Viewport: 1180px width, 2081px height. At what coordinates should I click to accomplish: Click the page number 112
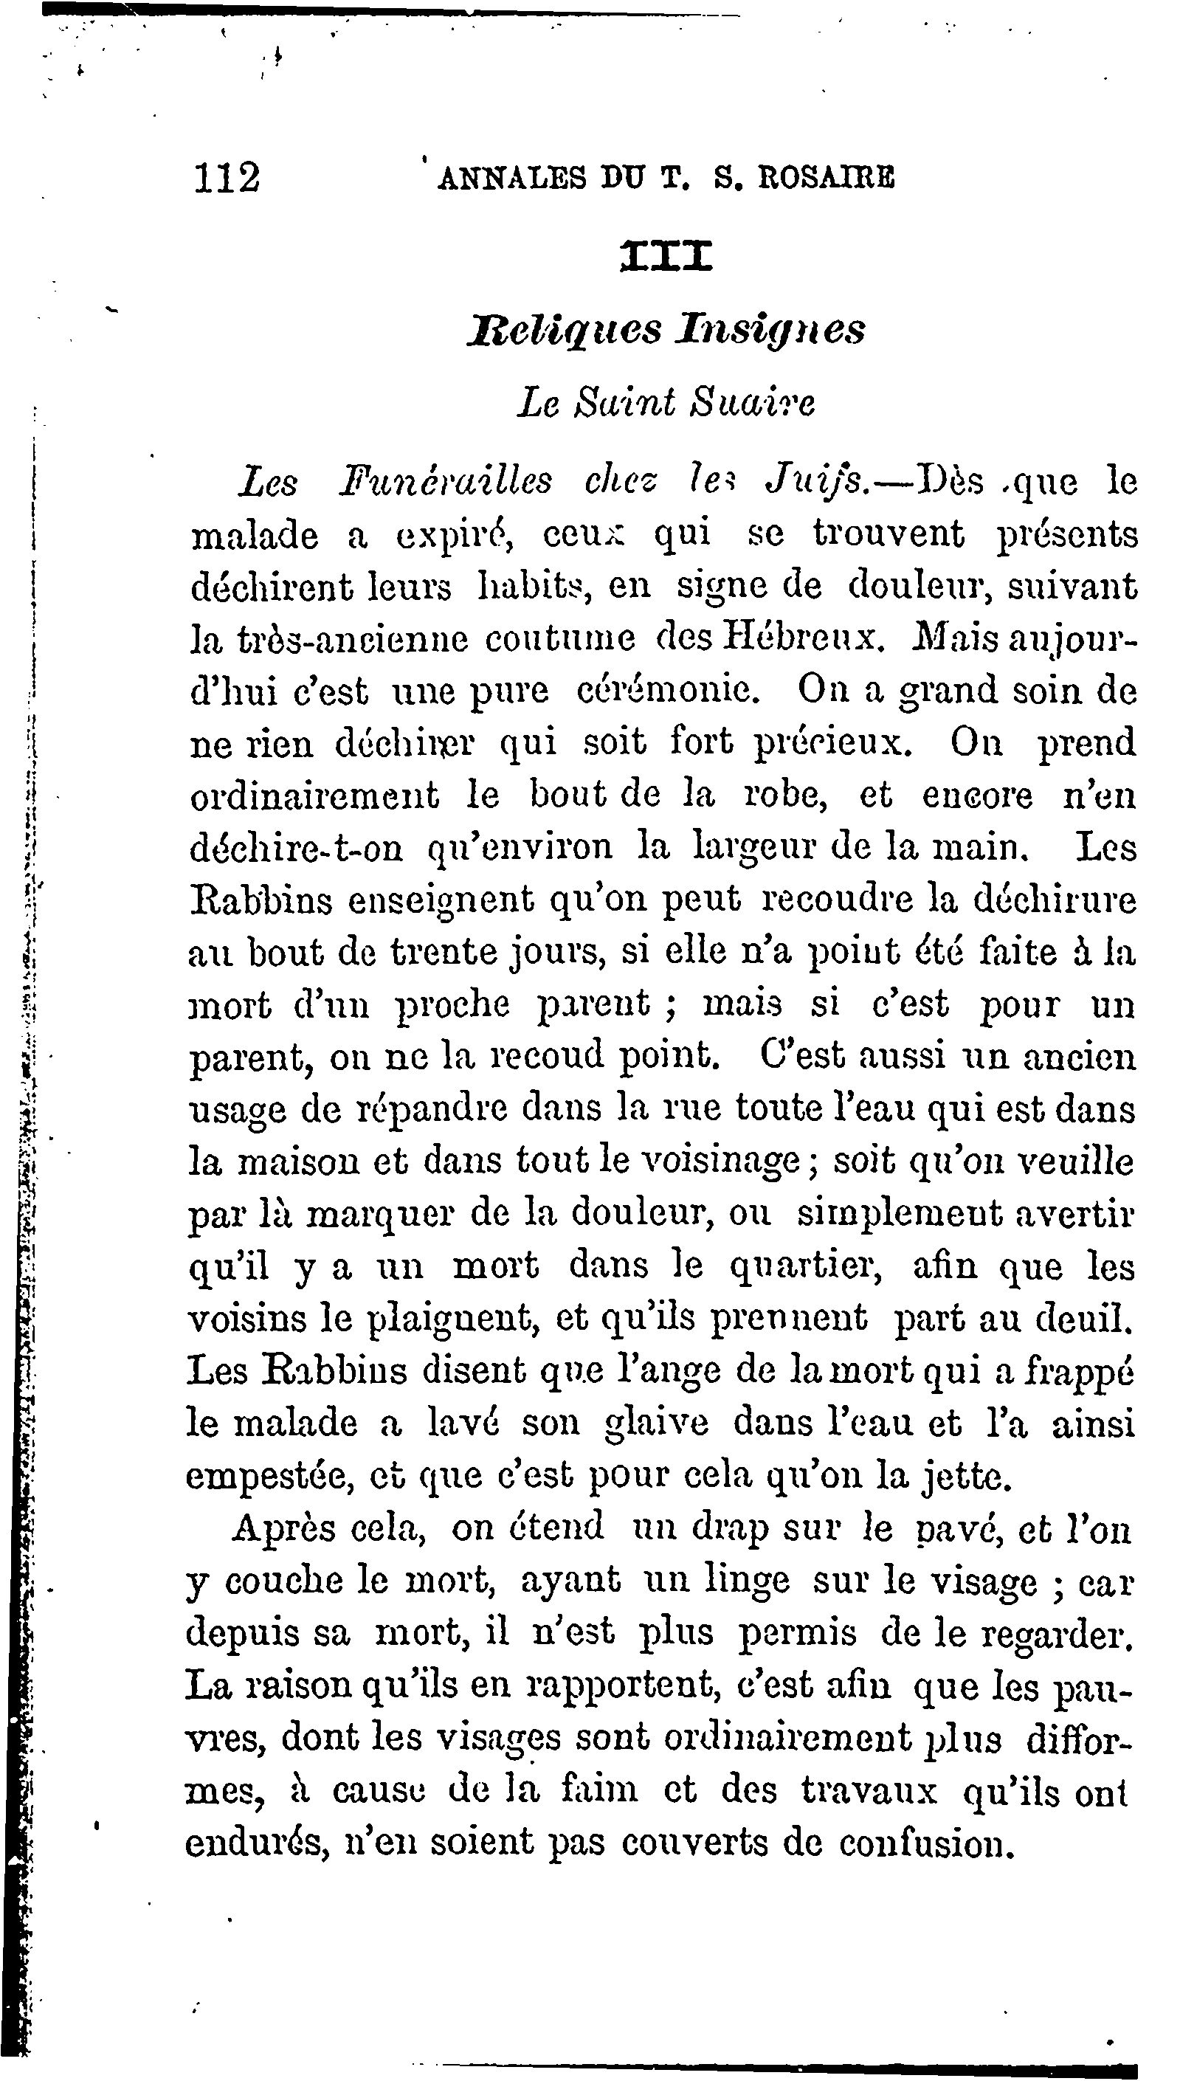click(227, 177)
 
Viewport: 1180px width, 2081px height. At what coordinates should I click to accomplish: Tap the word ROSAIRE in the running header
click(826, 177)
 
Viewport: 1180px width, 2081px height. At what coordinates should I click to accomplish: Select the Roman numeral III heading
click(666, 255)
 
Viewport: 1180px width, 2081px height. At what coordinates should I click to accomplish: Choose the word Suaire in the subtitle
click(751, 403)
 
